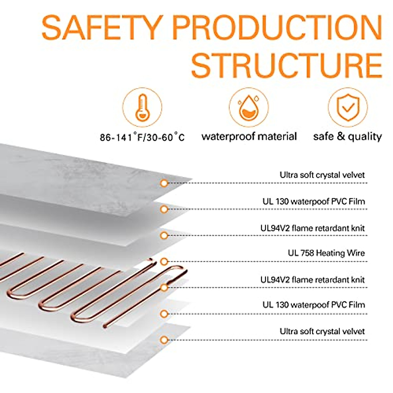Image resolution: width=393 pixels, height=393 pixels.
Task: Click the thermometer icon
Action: (x=142, y=107)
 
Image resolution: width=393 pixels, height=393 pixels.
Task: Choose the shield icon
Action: (x=348, y=107)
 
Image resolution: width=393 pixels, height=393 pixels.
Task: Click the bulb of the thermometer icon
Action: (x=142, y=116)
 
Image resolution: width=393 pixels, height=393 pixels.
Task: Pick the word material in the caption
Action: (x=282, y=136)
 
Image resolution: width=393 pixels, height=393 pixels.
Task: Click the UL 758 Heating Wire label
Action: (x=326, y=253)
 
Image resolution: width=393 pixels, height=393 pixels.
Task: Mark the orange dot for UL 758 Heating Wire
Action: (x=164, y=261)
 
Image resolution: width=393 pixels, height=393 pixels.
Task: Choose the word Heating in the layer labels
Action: (x=330, y=253)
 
